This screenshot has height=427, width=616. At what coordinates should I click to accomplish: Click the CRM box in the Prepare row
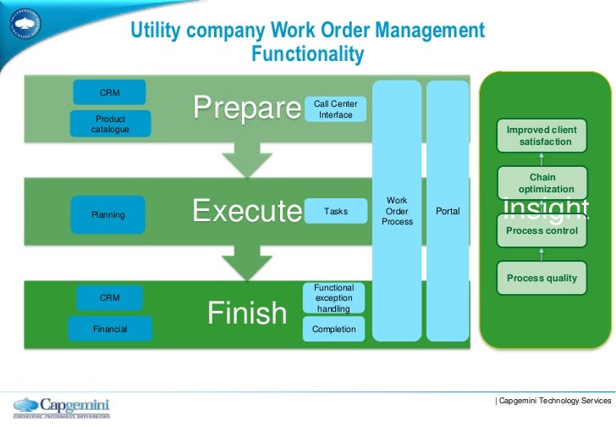[109, 91]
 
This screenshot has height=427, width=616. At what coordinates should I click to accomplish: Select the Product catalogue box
[109, 124]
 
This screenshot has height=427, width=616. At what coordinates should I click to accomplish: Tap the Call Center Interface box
[335, 108]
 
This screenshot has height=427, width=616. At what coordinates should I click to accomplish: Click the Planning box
[109, 214]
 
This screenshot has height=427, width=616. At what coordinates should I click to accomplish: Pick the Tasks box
[335, 212]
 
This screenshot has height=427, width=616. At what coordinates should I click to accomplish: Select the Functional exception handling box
[333, 298]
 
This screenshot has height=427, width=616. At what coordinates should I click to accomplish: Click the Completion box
[333, 329]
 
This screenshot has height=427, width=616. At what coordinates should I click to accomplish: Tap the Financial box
[110, 329]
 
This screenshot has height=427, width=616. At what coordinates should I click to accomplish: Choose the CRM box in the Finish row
[109, 298]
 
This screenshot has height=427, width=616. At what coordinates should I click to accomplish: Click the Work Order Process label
[397, 211]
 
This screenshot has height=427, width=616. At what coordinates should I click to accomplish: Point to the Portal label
[448, 211]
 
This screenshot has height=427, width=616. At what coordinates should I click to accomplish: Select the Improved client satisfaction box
[542, 136]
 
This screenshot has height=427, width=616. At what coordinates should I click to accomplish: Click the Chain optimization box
[542, 183]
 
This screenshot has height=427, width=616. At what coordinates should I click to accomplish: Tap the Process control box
[542, 230]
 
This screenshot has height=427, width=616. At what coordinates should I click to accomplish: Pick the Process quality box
[542, 278]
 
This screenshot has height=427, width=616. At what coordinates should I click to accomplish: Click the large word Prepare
[247, 108]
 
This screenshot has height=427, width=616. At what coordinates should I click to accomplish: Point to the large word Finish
[247, 313]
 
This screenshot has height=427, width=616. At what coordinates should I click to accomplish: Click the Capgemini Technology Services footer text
[554, 400]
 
